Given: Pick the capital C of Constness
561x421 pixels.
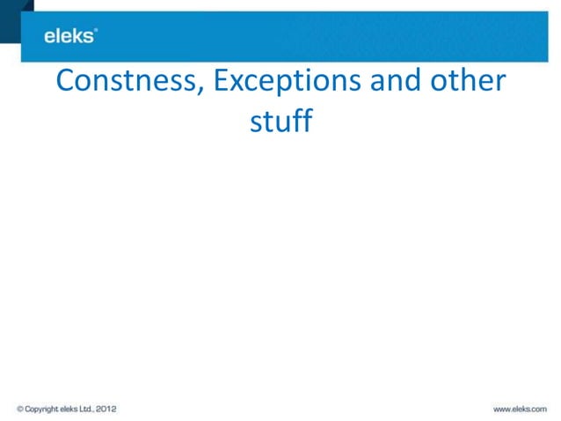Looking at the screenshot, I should (65, 81).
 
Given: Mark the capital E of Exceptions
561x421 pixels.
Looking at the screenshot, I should (222, 81).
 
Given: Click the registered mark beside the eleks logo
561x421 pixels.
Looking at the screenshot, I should (96, 31).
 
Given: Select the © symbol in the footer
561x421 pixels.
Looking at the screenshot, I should (19, 409).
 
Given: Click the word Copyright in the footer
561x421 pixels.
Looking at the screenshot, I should (41, 409).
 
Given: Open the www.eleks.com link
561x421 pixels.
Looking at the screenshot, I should (520, 409).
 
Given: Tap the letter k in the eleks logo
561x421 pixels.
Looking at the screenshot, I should (79, 36).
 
